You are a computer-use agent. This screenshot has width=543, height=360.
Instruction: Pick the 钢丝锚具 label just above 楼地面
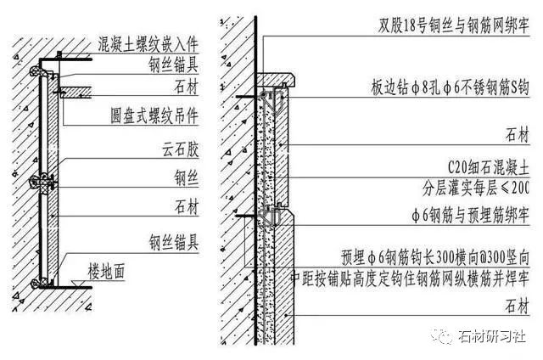click(175, 240)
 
